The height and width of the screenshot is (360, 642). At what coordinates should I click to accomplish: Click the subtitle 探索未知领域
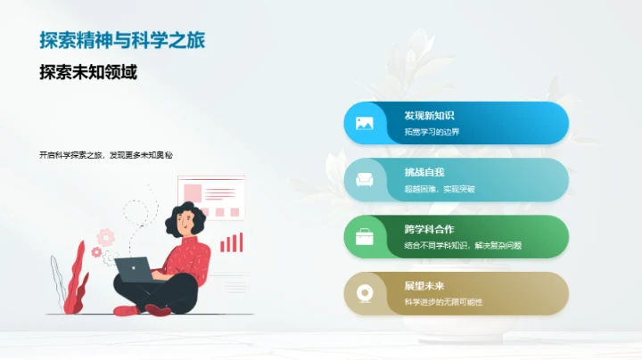[x=87, y=72]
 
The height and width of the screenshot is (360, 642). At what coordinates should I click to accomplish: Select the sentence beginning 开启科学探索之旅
[x=105, y=155]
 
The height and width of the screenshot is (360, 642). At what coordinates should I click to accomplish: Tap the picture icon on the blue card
[x=364, y=123]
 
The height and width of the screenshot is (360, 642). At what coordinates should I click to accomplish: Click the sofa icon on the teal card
[x=364, y=180]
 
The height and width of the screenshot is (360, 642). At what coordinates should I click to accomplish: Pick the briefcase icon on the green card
[x=364, y=237]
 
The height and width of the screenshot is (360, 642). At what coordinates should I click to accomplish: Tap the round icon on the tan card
[x=364, y=293]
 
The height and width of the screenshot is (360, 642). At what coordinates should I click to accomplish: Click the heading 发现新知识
[x=429, y=116]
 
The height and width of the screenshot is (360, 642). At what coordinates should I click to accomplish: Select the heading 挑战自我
[x=424, y=172]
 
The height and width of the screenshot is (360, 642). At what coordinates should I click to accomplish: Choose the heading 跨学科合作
[x=429, y=229]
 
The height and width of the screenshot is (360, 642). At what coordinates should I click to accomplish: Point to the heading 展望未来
[x=424, y=286]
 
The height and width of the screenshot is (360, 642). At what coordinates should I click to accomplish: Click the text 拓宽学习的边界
[x=432, y=132]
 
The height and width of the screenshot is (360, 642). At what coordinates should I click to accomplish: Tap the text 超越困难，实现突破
[x=440, y=189]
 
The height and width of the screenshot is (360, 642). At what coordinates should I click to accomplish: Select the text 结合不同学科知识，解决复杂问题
[x=463, y=245]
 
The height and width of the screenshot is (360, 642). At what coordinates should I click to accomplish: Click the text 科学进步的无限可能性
[x=443, y=302]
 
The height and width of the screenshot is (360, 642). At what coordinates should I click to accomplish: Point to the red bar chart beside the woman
[x=232, y=241]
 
